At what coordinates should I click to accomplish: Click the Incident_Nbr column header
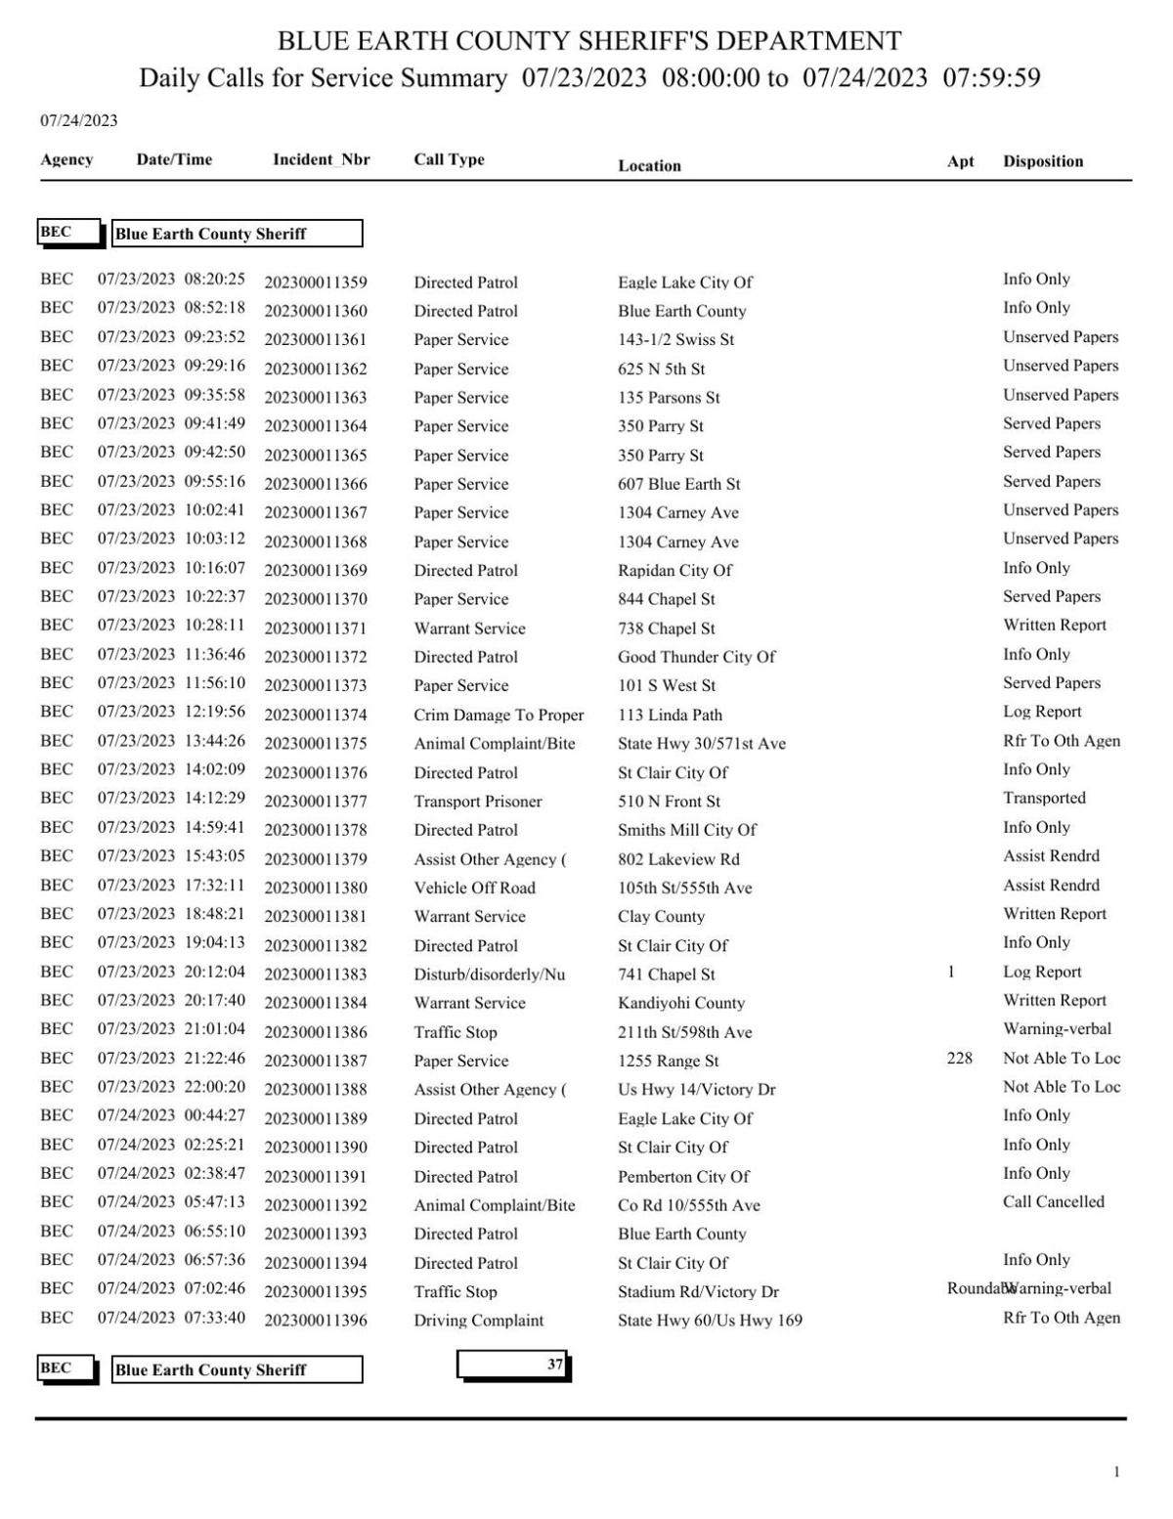click(x=321, y=159)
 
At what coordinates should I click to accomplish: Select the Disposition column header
click(x=1042, y=161)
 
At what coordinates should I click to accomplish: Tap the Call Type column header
click(x=449, y=159)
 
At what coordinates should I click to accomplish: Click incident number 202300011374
click(x=316, y=715)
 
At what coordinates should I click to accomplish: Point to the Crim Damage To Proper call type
click(x=498, y=715)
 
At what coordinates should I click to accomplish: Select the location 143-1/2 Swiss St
click(x=675, y=339)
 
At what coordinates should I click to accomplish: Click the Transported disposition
click(x=1043, y=798)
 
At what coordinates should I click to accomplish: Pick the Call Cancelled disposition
click(x=1053, y=1201)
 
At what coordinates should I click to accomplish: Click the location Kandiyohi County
click(x=680, y=1003)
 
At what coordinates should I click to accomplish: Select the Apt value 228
click(x=959, y=1058)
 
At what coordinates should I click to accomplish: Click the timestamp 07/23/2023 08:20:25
click(x=171, y=280)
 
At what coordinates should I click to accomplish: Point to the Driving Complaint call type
click(x=478, y=1320)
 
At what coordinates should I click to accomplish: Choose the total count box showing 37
click(x=513, y=1365)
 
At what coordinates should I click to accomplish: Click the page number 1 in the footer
click(x=1116, y=1472)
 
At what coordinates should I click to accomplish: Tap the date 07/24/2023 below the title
click(x=78, y=120)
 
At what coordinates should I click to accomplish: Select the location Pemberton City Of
click(x=683, y=1176)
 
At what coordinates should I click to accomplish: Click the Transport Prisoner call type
click(x=477, y=802)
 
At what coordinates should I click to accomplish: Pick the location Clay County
click(x=661, y=916)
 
